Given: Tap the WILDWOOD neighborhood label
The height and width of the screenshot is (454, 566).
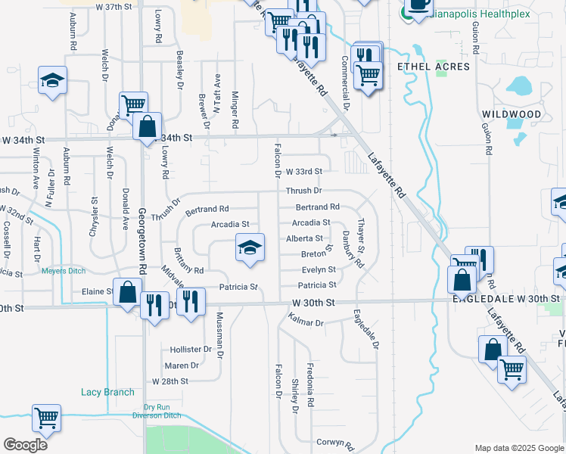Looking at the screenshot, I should click(512, 114).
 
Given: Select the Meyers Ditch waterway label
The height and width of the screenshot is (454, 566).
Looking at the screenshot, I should click(65, 270).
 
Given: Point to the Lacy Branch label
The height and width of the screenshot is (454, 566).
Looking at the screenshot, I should click(107, 392).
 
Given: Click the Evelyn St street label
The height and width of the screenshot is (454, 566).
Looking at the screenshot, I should click(319, 269).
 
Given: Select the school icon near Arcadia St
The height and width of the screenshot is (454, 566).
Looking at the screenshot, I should click(250, 247).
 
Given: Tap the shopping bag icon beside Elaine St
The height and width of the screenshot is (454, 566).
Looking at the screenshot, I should click(129, 291).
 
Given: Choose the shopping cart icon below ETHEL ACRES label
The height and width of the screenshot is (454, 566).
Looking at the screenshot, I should click(368, 75).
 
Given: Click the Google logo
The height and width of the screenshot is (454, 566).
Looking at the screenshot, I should click(25, 445).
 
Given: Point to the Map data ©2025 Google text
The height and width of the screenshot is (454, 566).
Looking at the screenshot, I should click(518, 448).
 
